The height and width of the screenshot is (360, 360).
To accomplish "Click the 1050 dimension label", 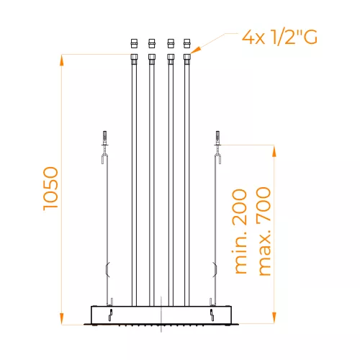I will (x=50, y=189).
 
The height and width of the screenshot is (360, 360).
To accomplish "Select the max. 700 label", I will (x=264, y=231).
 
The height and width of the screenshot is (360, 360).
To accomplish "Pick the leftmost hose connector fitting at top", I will (x=135, y=49).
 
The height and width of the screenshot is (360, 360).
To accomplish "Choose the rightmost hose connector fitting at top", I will (x=187, y=49).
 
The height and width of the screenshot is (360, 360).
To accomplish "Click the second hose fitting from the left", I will (x=152, y=49).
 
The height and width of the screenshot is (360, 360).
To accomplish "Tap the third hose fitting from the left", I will (x=170, y=49).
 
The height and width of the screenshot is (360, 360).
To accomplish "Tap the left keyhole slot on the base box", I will (x=111, y=315).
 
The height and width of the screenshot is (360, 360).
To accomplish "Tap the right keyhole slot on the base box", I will (x=212, y=315).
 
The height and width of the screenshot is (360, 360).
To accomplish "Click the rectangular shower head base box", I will (x=161, y=315).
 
